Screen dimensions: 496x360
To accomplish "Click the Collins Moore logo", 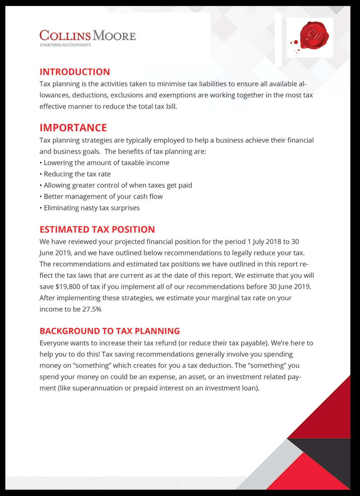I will point(88,36).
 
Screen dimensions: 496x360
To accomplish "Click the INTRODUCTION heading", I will point(75,72).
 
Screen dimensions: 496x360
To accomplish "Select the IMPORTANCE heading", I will point(73,128).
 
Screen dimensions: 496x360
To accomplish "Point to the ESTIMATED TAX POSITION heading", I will point(97,229).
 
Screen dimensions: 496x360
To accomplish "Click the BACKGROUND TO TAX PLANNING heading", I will point(110,331).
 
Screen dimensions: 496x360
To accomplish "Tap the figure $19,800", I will point(68,287).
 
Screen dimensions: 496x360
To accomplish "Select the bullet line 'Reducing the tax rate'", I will point(77,174).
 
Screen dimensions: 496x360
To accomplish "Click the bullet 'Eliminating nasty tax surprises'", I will point(92,208).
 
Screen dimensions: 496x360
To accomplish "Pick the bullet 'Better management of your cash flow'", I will point(103,197).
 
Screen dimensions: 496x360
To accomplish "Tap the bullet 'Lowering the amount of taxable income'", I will point(107,163).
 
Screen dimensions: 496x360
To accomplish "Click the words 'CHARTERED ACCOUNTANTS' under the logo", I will point(65,45).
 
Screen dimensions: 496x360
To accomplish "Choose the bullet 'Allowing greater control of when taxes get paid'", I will point(118,186).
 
